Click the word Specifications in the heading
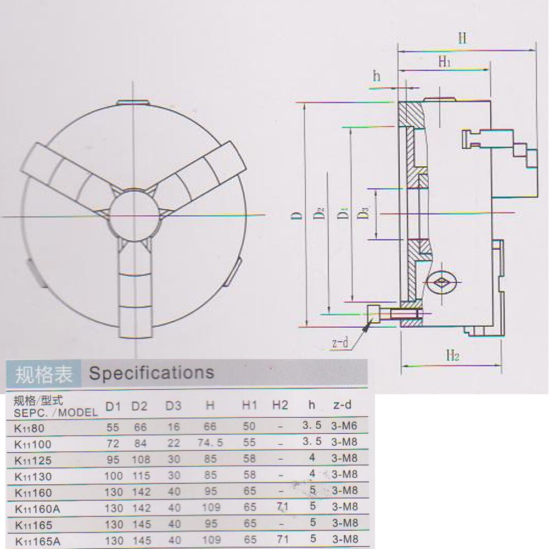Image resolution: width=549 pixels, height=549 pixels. tap(152, 373)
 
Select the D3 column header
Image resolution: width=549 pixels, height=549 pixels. tap(173, 406)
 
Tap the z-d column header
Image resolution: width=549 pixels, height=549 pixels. tap(342, 405)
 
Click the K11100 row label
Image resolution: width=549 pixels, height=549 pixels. tap(33, 444)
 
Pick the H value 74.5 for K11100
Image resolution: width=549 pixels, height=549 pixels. tap(210, 443)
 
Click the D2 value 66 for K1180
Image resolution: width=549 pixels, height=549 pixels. tap(141, 427)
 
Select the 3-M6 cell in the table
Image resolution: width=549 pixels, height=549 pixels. tap(344, 426)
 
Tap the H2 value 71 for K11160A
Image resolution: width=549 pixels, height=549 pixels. tap(283, 507)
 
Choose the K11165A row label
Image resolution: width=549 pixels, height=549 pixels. tap(38, 541)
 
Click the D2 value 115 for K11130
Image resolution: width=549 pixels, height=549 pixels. tap(142, 475)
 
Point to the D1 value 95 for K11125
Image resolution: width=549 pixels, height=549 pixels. tap(113, 460)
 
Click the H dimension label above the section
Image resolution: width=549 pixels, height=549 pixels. tap(462, 38)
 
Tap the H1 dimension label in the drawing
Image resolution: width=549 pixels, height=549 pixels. tap(444, 62)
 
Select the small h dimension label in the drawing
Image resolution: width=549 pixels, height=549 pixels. tap(377, 76)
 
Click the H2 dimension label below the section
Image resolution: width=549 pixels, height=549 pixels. tap(453, 356)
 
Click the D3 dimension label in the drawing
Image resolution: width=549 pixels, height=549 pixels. tap(364, 213)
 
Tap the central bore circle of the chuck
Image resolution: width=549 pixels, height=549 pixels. tap(135, 216)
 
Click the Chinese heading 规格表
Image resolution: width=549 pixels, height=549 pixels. tap(44, 374)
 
